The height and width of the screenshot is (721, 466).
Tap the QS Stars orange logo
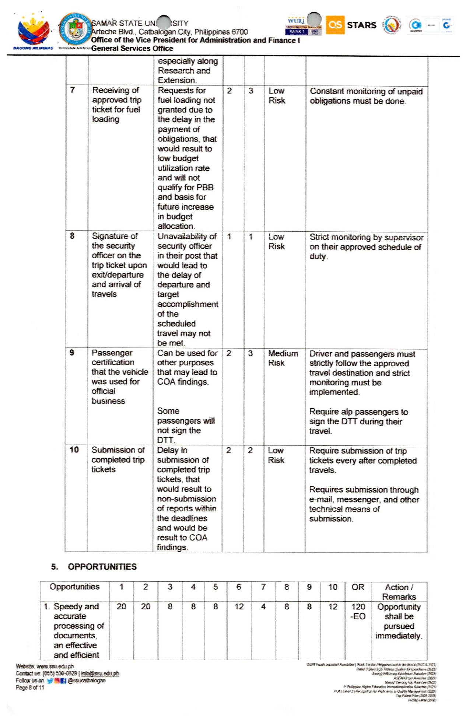pyautogui.click(x=335, y=25)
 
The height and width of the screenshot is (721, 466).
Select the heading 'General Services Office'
pyautogui.click(x=132, y=48)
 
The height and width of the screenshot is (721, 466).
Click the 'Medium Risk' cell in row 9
pyautogui.click(x=283, y=358)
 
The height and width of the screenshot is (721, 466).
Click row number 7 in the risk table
pyautogui.click(x=73, y=90)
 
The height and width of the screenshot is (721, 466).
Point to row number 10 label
pyautogui.click(x=74, y=450)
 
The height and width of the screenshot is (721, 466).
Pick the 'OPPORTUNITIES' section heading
pyautogui.click(x=102, y=567)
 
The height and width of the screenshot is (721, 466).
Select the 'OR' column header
pyautogui.click(x=358, y=587)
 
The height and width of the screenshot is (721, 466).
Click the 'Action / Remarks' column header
pyautogui.click(x=399, y=592)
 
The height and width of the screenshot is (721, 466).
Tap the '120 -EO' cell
pyautogui.click(x=358, y=611)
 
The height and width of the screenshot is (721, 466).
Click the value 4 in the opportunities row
pyautogui.click(x=263, y=606)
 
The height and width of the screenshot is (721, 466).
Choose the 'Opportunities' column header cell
pyautogui.click(x=74, y=587)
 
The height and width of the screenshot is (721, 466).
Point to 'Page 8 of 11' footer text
pyautogui.click(x=30, y=687)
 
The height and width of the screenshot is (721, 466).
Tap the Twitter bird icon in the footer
pyautogui.click(x=50, y=680)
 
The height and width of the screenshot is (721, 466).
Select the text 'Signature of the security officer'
pyautogui.click(x=115, y=245)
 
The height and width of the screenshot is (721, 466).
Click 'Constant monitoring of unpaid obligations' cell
pyautogui.click(x=366, y=96)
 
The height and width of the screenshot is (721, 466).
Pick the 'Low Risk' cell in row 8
pyautogui.click(x=276, y=242)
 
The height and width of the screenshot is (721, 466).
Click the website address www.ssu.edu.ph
pyautogui.click(x=55, y=666)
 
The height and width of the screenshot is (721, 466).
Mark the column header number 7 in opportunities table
pyautogui.click(x=263, y=587)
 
